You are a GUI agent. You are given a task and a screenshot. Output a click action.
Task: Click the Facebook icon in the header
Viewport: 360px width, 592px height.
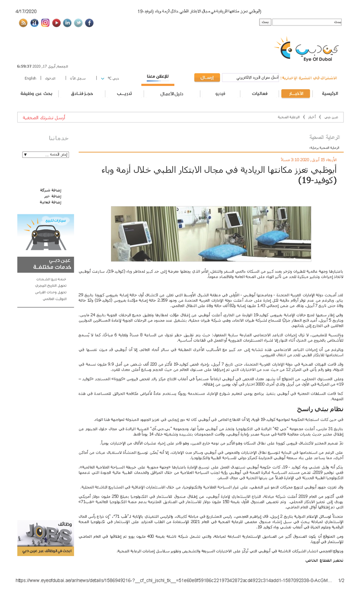89,23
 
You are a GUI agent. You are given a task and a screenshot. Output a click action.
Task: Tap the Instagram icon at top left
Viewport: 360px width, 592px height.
45,23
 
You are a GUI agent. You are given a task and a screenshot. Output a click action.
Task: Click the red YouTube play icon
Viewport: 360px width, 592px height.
56,23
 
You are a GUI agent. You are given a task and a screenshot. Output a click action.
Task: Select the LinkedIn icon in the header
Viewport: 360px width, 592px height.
67,23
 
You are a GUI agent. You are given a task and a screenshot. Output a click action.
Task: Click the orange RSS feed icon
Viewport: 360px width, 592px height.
23,23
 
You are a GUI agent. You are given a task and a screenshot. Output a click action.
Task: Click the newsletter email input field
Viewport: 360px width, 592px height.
250,78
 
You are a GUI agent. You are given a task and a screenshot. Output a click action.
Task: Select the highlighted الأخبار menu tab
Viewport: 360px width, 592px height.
295,93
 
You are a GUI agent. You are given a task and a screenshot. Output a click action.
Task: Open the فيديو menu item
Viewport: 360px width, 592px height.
220,93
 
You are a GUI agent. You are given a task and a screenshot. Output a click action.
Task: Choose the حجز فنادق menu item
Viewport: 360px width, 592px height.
82,93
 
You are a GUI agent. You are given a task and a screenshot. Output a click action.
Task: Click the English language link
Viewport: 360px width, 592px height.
30,78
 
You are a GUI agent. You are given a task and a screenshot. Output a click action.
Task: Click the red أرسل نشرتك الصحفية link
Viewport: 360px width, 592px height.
44,117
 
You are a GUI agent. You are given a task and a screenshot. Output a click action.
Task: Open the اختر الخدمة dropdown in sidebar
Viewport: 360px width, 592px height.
45,154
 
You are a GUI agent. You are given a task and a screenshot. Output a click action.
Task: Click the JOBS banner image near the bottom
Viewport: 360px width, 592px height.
45,535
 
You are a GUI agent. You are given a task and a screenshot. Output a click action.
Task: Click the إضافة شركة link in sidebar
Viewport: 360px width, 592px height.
51,190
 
